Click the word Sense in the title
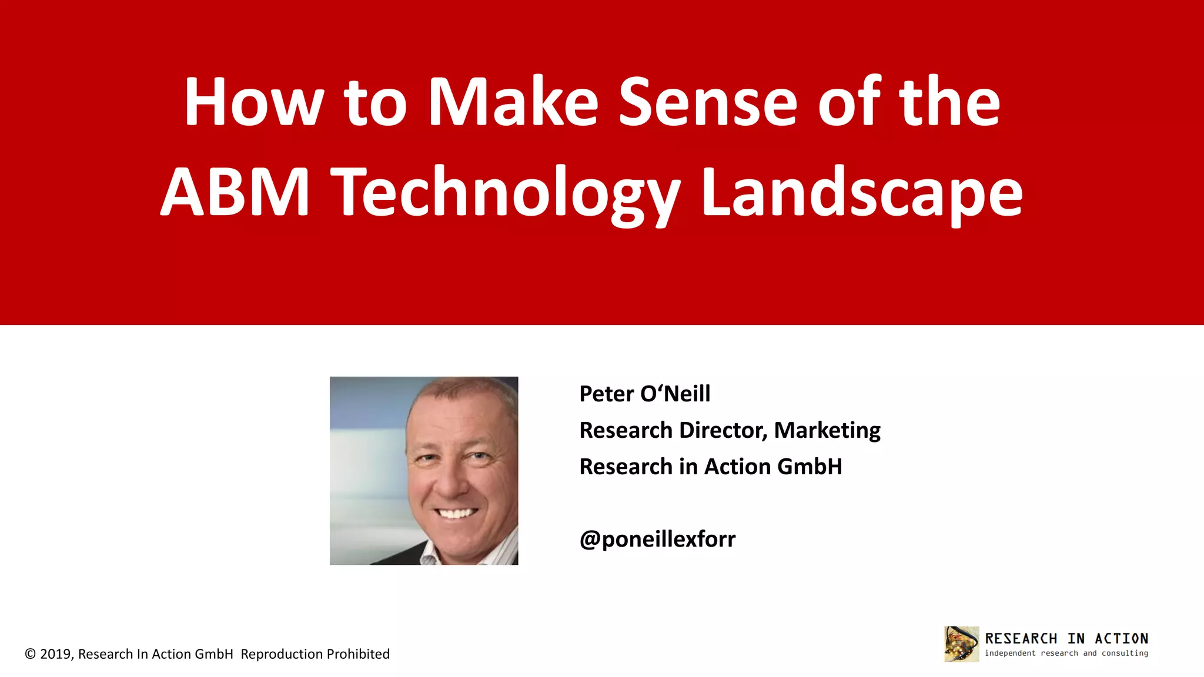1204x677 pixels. pyautogui.click(x=708, y=102)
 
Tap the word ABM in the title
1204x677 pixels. pyautogui.click(x=235, y=192)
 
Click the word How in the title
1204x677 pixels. pyautogui.click(x=253, y=102)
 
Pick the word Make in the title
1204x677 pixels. pyautogui.click(x=513, y=102)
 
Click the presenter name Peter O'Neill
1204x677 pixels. pyautogui.click(x=644, y=394)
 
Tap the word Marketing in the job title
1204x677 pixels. pyautogui.click(x=827, y=430)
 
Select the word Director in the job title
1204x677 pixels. pyautogui.click(x=723, y=430)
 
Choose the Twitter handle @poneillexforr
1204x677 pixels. pyautogui.click(x=657, y=539)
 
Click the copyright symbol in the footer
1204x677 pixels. pyautogui.click(x=31, y=654)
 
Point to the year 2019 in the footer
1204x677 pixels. pyautogui.click(x=55, y=654)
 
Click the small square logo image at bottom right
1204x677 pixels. pyautogui.click(x=961, y=644)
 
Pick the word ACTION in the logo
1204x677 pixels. pyautogui.click(x=1121, y=639)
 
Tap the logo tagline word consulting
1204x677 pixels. pyautogui.click(x=1125, y=653)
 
